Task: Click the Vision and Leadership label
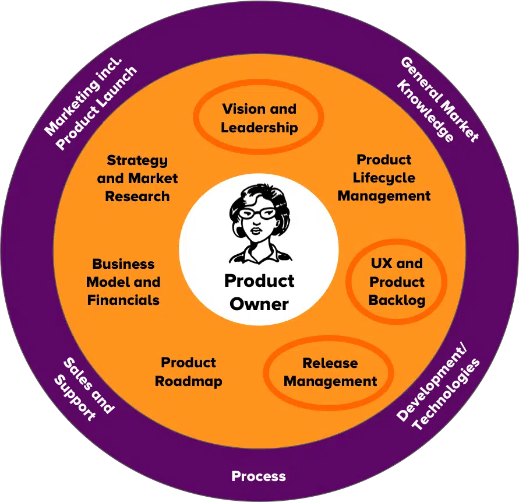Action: pos(259,118)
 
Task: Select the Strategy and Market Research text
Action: pos(137,178)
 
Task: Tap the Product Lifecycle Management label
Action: pos(384,178)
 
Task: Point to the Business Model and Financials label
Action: pos(123,282)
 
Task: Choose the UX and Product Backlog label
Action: pos(397,282)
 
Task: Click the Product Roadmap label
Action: pos(189,372)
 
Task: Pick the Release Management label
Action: pos(330,373)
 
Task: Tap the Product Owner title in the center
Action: pos(259,292)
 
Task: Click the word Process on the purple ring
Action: pos(259,476)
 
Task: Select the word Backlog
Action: pos(397,301)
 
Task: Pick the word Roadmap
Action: pos(189,382)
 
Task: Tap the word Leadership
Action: pos(259,127)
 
